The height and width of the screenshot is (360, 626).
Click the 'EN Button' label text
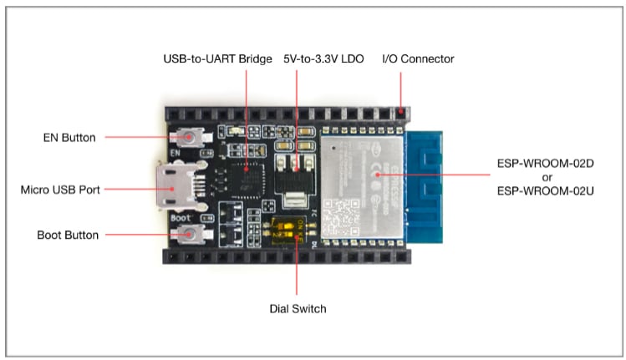(71, 137)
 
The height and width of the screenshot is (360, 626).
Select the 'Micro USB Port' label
(60, 190)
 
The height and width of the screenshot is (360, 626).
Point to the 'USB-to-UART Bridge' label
(217, 59)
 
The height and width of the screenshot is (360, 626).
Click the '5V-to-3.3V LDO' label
(323, 59)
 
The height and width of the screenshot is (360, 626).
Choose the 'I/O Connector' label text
(417, 59)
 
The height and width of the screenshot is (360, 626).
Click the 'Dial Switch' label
(297, 308)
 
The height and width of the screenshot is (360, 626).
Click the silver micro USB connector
(172, 189)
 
